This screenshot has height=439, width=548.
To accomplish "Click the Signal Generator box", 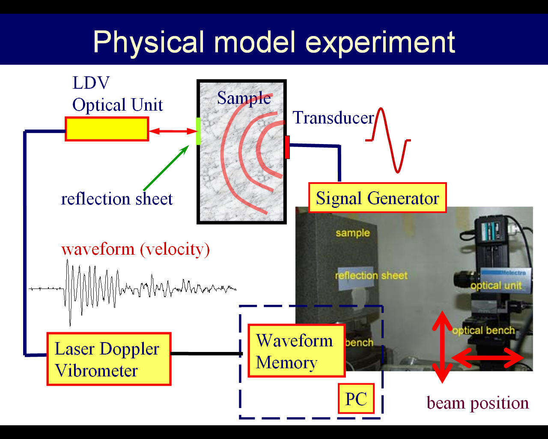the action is (x=377, y=198).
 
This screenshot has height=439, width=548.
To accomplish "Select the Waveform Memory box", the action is (x=297, y=351).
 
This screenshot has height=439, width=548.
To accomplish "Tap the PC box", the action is (x=356, y=398).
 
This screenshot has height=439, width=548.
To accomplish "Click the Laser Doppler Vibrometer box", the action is (x=109, y=359).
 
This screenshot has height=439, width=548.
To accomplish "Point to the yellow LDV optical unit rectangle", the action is (x=107, y=129).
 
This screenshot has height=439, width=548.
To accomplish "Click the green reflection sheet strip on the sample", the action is (x=198, y=131).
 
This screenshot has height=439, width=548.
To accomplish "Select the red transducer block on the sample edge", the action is (x=287, y=147).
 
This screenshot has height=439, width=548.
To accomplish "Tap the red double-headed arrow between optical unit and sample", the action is (x=173, y=131).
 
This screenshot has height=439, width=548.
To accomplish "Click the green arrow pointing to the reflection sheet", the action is (x=166, y=168).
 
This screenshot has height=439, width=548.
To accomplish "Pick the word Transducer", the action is (x=333, y=117).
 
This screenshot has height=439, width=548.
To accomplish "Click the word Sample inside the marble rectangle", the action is (x=244, y=98).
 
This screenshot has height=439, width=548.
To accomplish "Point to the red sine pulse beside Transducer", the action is (x=388, y=140).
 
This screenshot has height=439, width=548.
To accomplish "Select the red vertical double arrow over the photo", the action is (x=442, y=347).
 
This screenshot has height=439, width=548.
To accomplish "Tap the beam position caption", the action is (x=478, y=403).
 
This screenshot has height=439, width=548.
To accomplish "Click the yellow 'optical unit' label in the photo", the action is (x=496, y=286).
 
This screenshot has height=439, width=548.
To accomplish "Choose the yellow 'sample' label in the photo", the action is (x=353, y=233).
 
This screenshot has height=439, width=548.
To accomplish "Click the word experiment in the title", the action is (x=380, y=42).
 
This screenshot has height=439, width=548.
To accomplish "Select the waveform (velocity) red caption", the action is (x=135, y=249).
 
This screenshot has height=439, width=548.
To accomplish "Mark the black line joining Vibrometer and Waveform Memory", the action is (x=207, y=353).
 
